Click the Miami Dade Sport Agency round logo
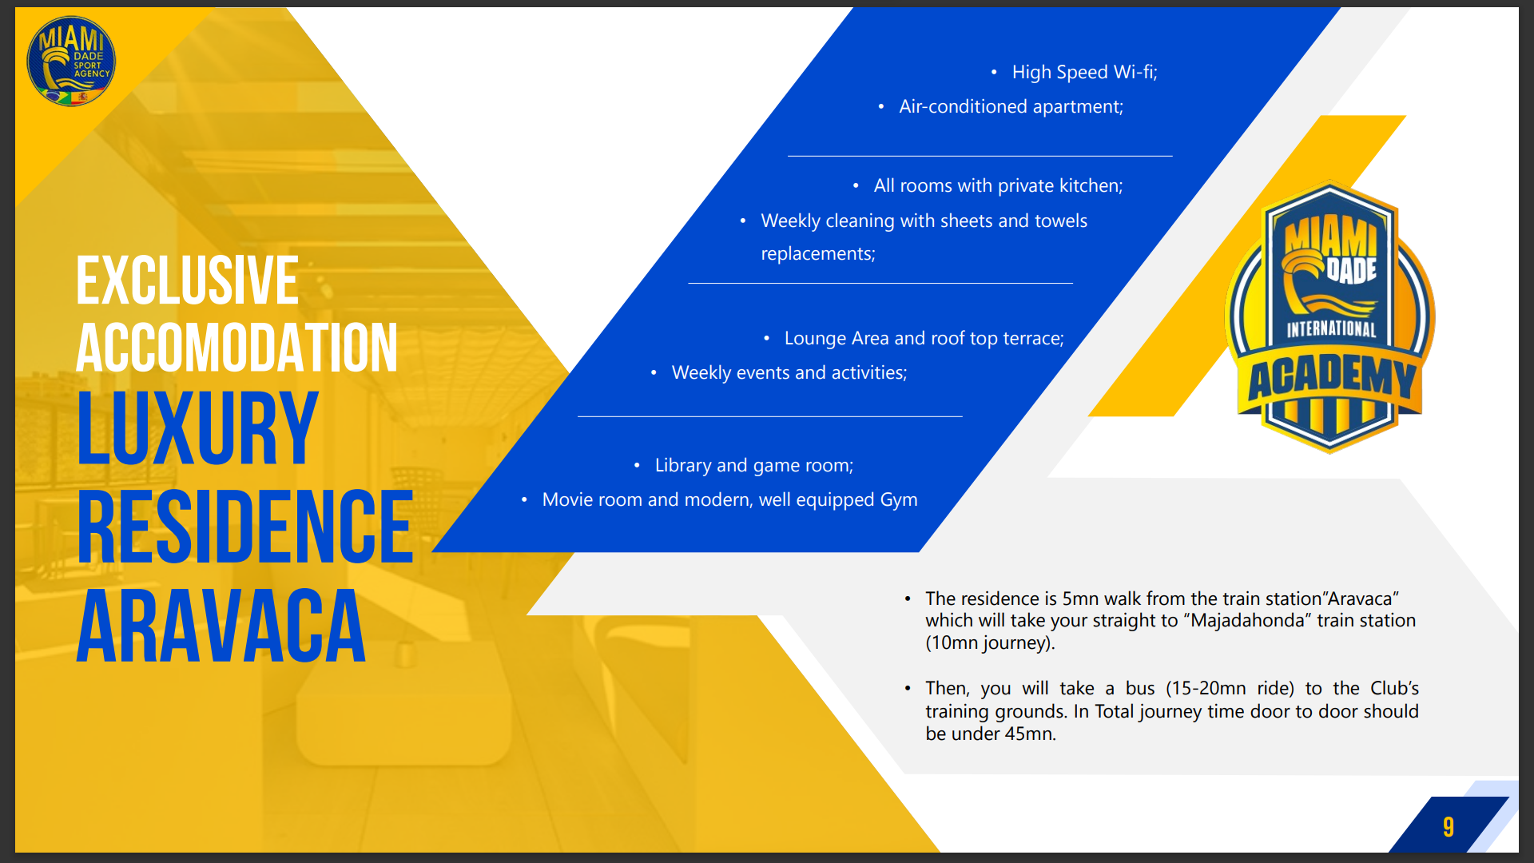71,62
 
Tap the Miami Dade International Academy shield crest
1330,318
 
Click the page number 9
1448,826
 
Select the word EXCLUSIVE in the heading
188,280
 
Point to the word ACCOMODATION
237,348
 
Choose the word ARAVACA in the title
221,626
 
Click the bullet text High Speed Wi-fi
1084,72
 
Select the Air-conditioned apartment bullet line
1011,106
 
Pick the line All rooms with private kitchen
998,185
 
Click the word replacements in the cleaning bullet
818,253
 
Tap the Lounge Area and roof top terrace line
924,338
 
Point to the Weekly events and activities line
789,372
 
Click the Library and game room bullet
754,465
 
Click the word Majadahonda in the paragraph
1246,620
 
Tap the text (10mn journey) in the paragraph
990,642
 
